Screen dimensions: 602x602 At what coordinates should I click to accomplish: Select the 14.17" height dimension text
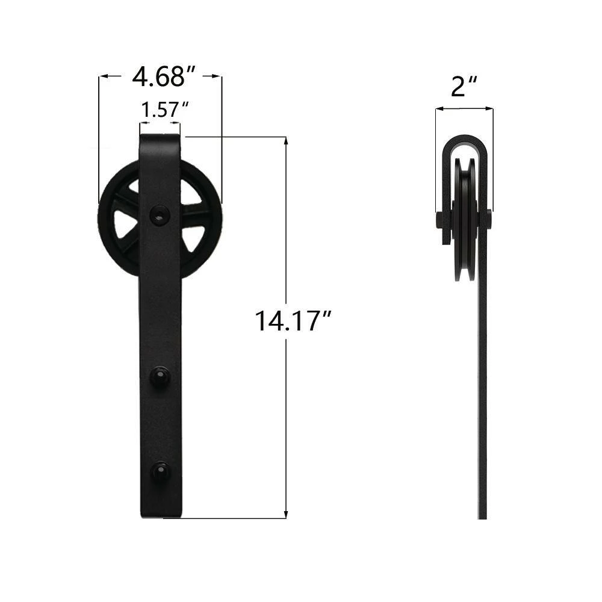(293, 320)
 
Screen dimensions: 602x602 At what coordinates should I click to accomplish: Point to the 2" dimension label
(464, 87)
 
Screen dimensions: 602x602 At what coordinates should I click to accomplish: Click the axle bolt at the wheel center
(159, 213)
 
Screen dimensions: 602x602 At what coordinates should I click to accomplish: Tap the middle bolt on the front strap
(159, 376)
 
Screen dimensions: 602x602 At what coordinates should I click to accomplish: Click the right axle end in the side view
(488, 219)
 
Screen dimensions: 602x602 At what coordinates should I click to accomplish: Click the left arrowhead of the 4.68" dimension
(104, 76)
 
